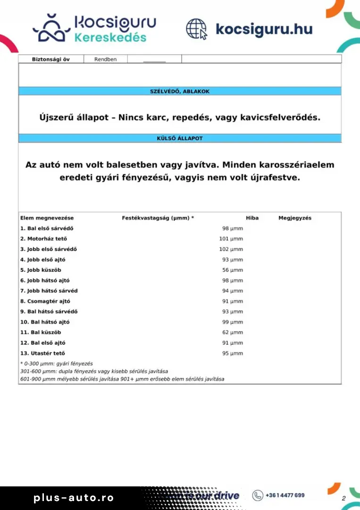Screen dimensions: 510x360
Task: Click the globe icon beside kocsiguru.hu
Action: tap(196, 29)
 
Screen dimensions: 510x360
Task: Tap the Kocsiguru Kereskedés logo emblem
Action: tap(50, 28)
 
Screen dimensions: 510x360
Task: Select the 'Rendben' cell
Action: tap(105, 59)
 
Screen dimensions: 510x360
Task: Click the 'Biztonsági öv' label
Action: tap(50, 59)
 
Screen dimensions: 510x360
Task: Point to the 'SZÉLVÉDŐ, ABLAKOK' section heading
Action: tap(180, 91)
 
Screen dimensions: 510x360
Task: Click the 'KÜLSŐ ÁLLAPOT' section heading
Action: tap(180, 138)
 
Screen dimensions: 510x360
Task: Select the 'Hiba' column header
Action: tap(252, 218)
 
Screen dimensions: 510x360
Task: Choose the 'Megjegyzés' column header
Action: tap(295, 218)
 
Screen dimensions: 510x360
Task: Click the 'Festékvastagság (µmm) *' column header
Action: tap(158, 218)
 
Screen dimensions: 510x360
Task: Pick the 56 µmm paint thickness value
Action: tap(233, 270)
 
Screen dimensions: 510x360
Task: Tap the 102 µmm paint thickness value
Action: tap(231, 249)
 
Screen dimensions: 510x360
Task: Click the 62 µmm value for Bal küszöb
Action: tap(233, 332)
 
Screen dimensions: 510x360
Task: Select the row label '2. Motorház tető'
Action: tap(43, 239)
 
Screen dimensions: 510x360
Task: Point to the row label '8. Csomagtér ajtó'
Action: tap(45, 301)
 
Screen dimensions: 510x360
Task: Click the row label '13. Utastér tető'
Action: tap(42, 353)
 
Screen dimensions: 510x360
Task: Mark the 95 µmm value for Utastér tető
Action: tap(233, 353)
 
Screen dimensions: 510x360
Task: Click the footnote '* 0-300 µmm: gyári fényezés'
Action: tap(57, 364)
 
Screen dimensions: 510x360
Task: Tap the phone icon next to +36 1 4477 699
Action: tap(258, 495)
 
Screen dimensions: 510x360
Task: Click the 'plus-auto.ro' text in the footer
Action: tap(74, 498)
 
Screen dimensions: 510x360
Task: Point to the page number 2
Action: tap(343, 499)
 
